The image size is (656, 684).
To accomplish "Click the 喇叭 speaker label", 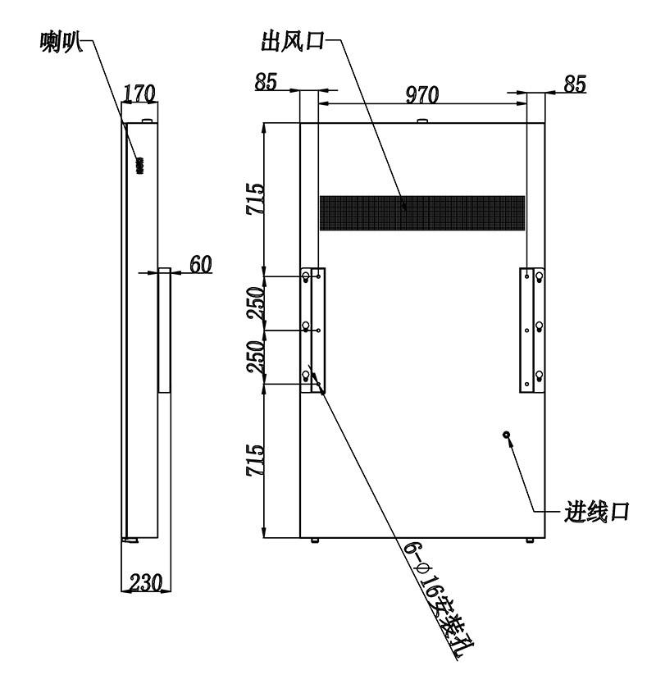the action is point(60,43).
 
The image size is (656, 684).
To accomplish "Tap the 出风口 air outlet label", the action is point(293,41).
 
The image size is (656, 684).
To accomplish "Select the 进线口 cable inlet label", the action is point(596,511).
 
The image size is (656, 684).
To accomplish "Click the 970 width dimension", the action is point(421,94).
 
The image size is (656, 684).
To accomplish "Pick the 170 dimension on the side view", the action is point(139,93).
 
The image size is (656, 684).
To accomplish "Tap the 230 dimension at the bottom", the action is point(146,582).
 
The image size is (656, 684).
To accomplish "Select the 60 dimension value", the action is point(201,264).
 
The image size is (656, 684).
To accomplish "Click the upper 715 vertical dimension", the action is point(255,198).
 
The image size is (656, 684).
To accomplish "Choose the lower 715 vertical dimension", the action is point(255,460).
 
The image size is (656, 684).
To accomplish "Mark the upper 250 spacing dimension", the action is point(256,303).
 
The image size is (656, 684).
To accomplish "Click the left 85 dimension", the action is point(266,81).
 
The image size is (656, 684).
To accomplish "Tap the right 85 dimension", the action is point(575,84).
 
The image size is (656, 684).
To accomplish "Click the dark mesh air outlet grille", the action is point(422,213).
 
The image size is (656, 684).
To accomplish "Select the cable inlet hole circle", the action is point(507,435).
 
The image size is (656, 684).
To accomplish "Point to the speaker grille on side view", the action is point(139,166).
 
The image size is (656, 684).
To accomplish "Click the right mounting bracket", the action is point(531,331).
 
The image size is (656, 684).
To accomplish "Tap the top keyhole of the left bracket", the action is point(306,277).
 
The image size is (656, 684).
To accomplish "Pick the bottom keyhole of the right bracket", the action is point(539,376).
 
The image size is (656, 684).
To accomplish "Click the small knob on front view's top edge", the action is point(421,121).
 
